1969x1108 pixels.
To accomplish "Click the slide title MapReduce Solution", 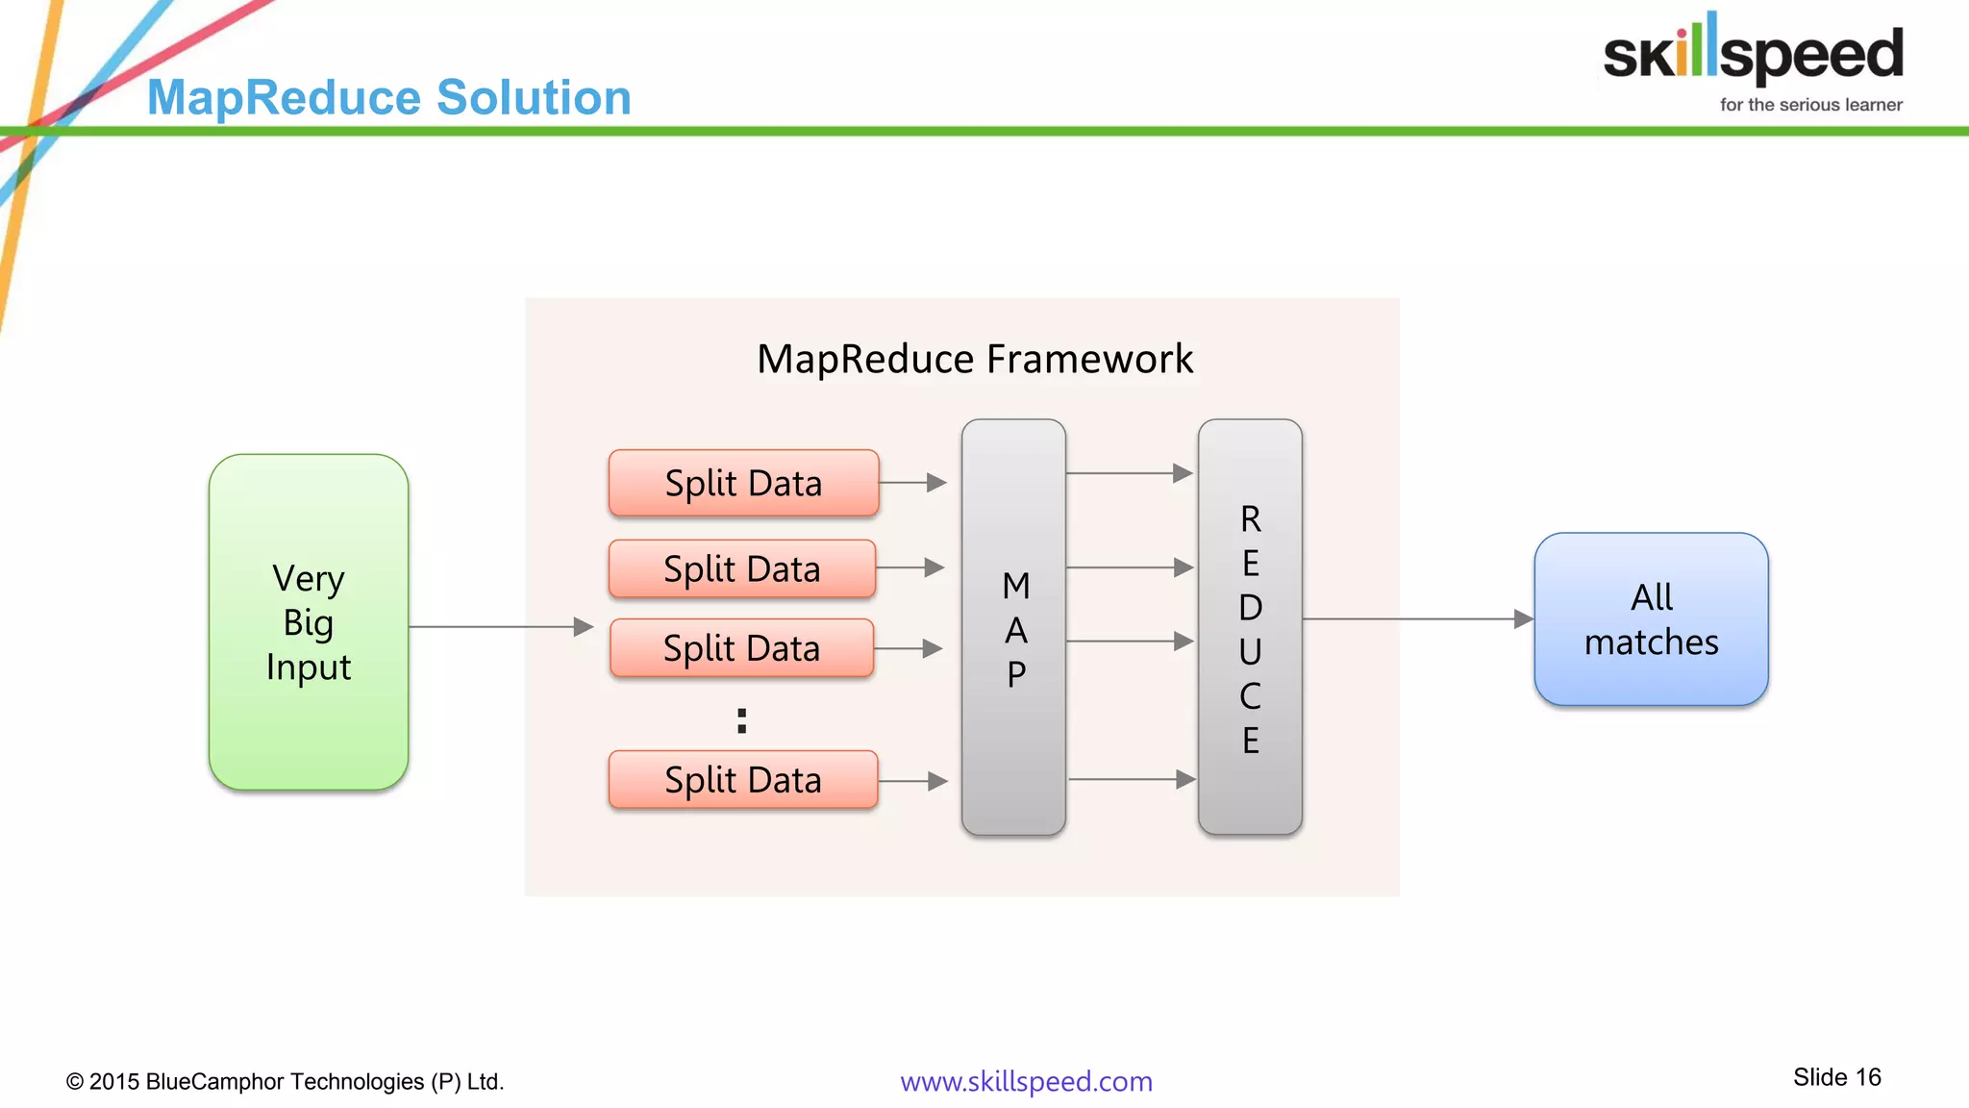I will click(388, 98).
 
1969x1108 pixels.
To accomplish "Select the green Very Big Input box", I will click(309, 622).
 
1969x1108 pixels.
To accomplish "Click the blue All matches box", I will click(1651, 619).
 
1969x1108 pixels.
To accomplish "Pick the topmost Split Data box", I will click(743, 483).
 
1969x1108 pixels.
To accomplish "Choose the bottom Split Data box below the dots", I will click(743, 780).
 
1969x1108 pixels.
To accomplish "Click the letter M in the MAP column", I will click(1015, 586).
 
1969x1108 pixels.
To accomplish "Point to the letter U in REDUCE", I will click(1250, 652).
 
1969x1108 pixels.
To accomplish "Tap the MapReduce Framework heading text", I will click(974, 360).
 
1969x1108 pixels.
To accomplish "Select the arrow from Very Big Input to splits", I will click(500, 627).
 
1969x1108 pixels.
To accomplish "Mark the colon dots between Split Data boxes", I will click(741, 720).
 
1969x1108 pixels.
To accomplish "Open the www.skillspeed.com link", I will click(1026, 1081).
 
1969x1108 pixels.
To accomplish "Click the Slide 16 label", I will click(1836, 1077).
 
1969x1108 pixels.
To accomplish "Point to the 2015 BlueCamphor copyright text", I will click(285, 1081).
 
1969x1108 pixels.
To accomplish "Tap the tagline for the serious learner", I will click(1810, 105).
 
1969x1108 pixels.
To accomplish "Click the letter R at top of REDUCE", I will click(1250, 519).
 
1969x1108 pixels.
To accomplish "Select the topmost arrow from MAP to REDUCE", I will click(1130, 473).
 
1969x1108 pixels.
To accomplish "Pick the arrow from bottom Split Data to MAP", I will click(913, 781).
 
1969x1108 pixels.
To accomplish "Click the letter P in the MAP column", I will click(1015, 674).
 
